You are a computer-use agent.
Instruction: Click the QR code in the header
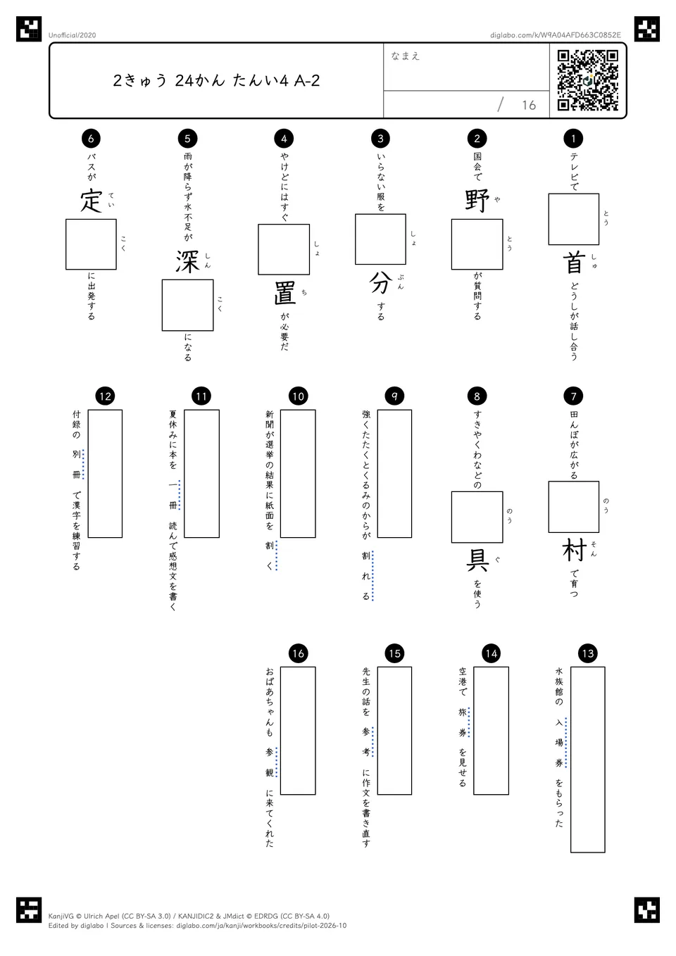click(x=588, y=80)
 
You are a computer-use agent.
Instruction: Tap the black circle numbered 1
click(x=573, y=138)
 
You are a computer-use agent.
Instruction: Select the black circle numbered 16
click(x=298, y=653)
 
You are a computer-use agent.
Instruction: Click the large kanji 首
click(x=574, y=262)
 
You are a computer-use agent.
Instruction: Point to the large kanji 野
click(x=477, y=200)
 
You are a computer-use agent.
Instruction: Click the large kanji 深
click(x=187, y=262)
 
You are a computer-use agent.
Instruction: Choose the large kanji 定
click(x=91, y=201)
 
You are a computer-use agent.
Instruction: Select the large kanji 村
click(x=574, y=550)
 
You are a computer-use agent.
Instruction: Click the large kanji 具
click(x=477, y=560)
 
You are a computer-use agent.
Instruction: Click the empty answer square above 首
click(x=574, y=219)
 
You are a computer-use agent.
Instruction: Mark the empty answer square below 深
click(x=187, y=305)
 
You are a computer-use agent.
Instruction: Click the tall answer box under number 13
click(x=588, y=760)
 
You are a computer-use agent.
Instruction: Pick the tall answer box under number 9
click(x=394, y=473)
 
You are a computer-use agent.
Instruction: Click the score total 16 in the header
click(x=529, y=105)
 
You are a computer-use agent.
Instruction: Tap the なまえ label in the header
click(x=406, y=56)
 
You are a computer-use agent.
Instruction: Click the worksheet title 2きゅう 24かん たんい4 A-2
click(x=216, y=80)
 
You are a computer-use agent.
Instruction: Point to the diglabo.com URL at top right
click(x=555, y=35)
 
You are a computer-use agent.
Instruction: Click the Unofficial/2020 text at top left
click(x=72, y=35)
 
